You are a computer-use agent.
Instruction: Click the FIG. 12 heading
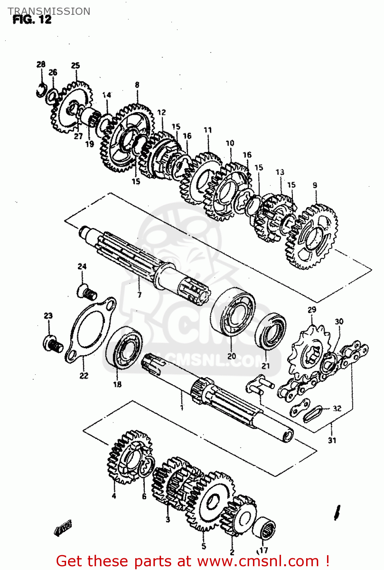pyautogui.click(x=32, y=20)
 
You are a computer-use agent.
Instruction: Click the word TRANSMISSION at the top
pyautogui.click(x=49, y=11)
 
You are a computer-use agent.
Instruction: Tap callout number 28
pyautogui.click(x=41, y=64)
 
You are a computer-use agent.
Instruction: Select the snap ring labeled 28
pyautogui.click(x=41, y=91)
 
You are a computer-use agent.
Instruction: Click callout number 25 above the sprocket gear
pyautogui.click(x=76, y=65)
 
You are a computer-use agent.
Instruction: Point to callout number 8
pyautogui.click(x=137, y=85)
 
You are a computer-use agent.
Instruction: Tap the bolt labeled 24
pyautogui.click(x=87, y=293)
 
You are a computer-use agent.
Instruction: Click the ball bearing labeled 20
pyautogui.click(x=233, y=312)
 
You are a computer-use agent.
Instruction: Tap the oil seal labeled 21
pyautogui.click(x=270, y=331)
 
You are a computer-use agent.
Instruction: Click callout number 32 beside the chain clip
pyautogui.click(x=337, y=409)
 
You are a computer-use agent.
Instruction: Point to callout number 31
pyautogui.click(x=332, y=440)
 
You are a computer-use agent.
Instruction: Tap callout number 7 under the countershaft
pyautogui.click(x=139, y=294)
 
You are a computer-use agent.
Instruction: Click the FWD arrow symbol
pyautogui.click(x=63, y=529)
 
